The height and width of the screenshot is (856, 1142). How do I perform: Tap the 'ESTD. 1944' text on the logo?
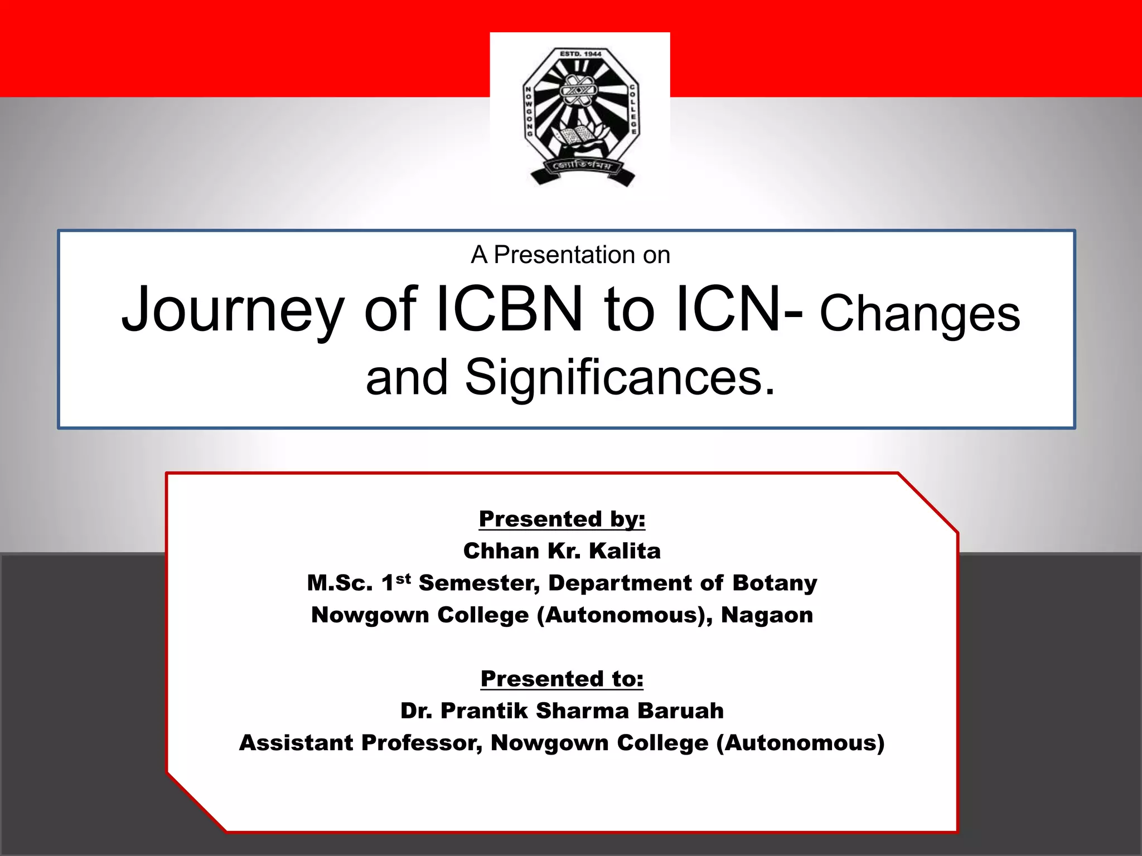pos(580,54)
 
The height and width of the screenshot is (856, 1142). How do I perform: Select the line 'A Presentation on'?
pos(570,255)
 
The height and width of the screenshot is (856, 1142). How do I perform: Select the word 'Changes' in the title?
pos(920,314)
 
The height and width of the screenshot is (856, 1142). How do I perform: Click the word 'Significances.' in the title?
pos(620,377)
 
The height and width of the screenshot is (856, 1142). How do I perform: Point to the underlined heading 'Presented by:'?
pos(562,519)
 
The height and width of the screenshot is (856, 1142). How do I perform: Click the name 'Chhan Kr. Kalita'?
pos(562,551)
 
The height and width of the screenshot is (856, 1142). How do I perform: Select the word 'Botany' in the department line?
pos(775,583)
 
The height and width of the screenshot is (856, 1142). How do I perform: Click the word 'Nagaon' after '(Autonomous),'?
pos(767,615)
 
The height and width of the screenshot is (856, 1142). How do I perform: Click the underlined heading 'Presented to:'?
pos(562,679)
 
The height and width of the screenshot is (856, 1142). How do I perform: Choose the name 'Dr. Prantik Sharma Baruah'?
pos(562,711)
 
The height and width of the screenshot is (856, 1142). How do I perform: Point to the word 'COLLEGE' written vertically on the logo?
pos(633,109)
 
